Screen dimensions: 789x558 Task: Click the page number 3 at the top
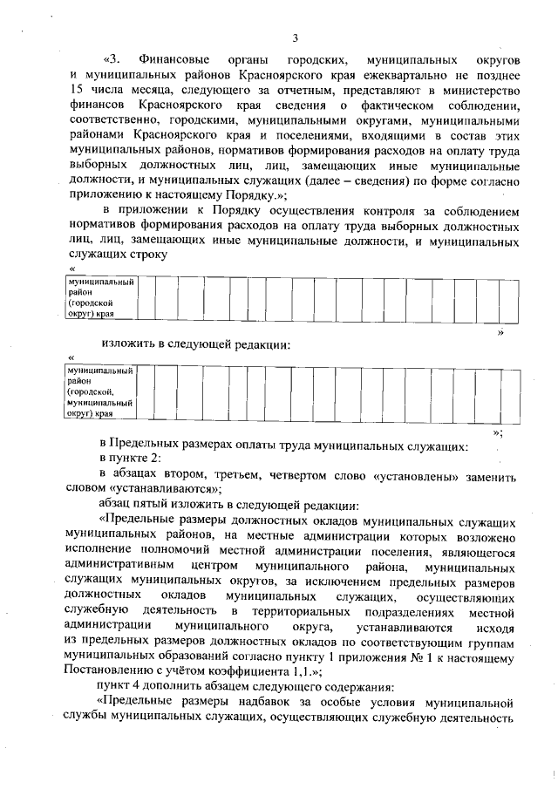295,37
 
